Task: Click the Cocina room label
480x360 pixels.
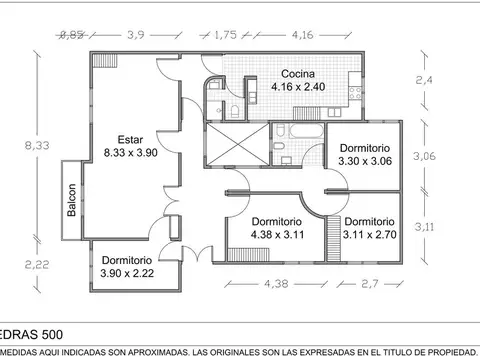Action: tap(298, 80)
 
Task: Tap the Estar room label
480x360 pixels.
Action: tap(130, 146)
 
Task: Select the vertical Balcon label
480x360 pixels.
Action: tap(72, 201)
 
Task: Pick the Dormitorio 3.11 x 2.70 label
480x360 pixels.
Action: tap(369, 229)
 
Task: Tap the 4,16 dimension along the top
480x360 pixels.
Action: tap(301, 34)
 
